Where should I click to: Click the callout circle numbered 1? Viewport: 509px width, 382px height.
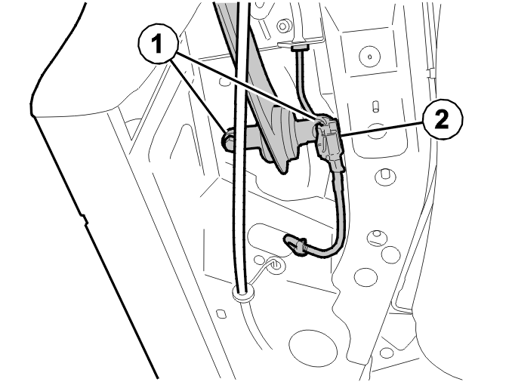click(x=158, y=45)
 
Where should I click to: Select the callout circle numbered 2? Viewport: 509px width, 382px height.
click(x=443, y=119)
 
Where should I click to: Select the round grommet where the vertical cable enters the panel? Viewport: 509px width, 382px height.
click(x=242, y=294)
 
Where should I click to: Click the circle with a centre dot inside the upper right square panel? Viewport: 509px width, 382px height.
click(x=370, y=56)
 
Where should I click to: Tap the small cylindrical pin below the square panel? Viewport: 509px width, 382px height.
click(x=375, y=106)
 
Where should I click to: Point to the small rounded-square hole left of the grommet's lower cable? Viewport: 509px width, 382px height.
click(x=221, y=313)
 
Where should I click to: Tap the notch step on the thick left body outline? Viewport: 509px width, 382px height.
click(x=84, y=219)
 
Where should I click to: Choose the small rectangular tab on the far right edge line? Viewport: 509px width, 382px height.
click(x=432, y=74)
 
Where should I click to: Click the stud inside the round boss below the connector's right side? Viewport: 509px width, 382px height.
click(x=386, y=174)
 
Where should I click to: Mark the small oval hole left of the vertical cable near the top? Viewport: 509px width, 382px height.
click(x=225, y=82)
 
